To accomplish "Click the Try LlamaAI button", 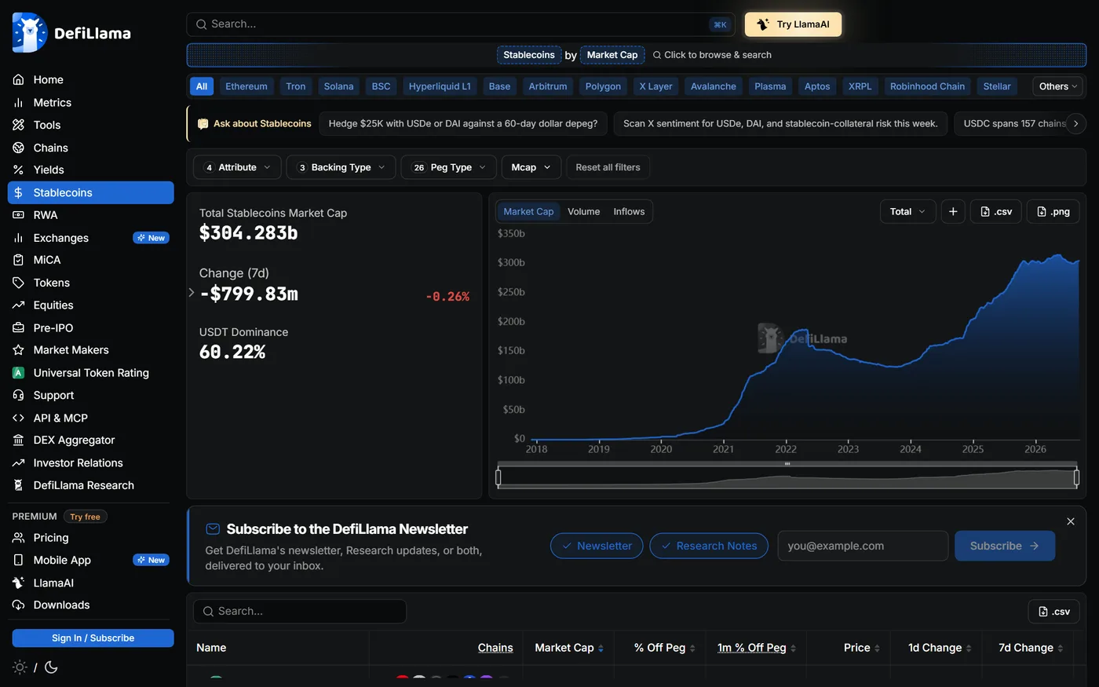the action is (793, 24).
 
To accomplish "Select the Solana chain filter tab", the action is (338, 86).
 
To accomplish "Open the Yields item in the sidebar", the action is (49, 170).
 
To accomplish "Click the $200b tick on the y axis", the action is (511, 321).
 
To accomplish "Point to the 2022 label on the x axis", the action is (786, 449).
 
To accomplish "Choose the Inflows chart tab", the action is (629, 211).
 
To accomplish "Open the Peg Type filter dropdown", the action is (448, 167).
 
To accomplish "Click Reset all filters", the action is (608, 167).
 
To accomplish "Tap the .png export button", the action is (1053, 211).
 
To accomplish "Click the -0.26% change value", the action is (447, 297).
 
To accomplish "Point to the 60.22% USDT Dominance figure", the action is (232, 352).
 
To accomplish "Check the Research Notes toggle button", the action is (708, 546).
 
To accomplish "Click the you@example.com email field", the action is (863, 546).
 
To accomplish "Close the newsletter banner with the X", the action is (1071, 521).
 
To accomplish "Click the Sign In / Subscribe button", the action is (93, 638).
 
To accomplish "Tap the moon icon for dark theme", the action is (51, 667).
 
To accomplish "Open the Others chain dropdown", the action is (1057, 86).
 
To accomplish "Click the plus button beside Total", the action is (953, 211).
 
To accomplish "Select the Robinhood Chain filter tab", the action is (927, 86).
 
